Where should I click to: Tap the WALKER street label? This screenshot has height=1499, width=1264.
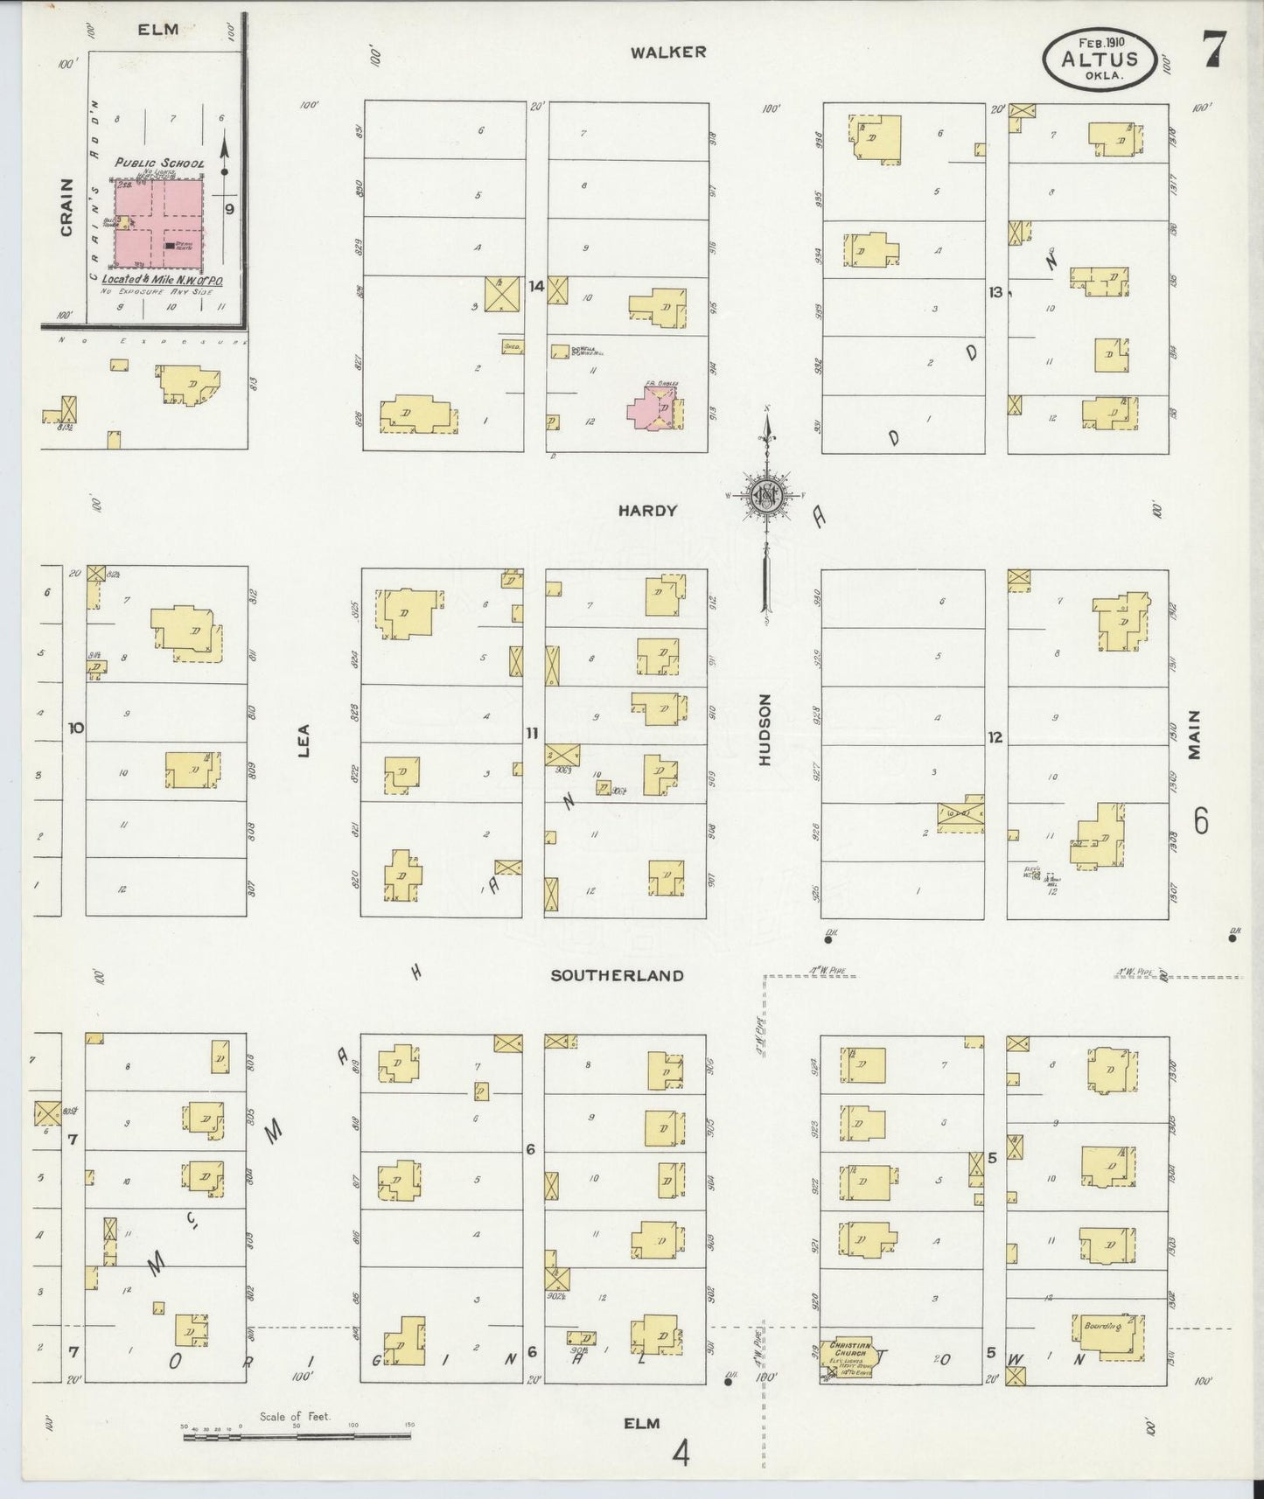coord(668,52)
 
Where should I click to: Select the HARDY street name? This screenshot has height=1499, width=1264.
coord(647,511)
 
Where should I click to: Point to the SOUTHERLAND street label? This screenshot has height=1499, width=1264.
coord(617,975)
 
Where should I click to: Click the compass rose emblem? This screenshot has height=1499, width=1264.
coord(767,496)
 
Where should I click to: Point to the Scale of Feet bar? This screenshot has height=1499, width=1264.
coord(296,1435)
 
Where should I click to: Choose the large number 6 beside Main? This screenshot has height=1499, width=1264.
coord(1201,822)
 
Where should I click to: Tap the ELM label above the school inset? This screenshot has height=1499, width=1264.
coord(158,29)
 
